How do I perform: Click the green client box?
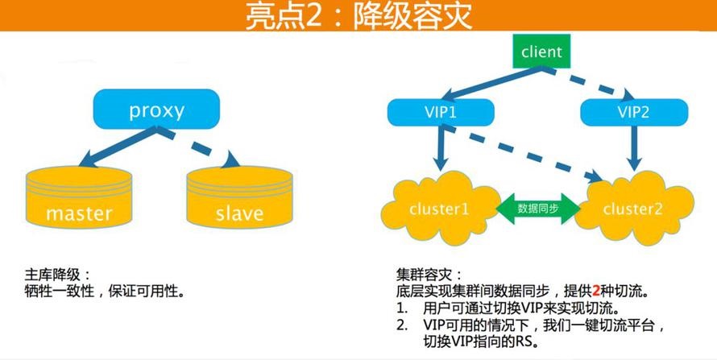click(541, 52)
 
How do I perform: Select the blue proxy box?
click(156, 109)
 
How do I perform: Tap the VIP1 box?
click(441, 112)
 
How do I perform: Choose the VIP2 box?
click(634, 112)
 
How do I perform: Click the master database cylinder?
click(79, 197)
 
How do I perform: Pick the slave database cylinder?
click(239, 197)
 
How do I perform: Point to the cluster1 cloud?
click(440, 208)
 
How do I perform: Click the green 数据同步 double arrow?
click(538, 209)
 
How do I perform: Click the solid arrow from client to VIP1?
click(494, 83)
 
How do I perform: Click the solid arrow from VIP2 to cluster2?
click(635, 147)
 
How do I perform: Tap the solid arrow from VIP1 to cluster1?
click(440, 147)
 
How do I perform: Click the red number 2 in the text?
click(596, 291)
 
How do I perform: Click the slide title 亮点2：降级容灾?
click(358, 16)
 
